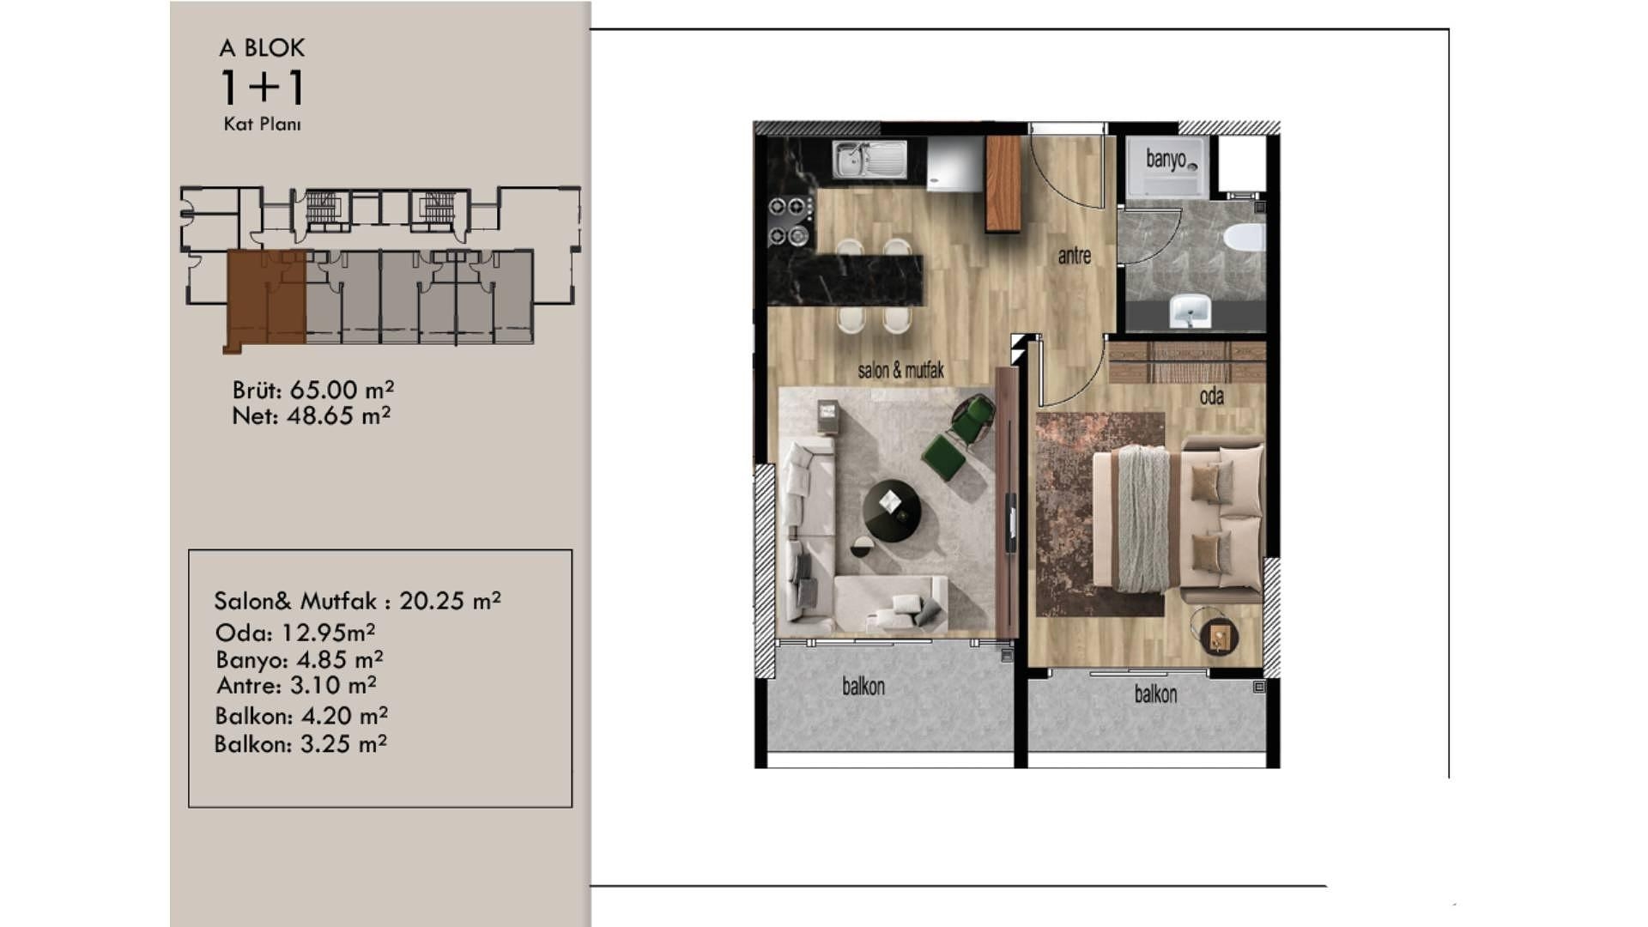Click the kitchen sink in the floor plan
[869, 160]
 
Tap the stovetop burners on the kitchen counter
[791, 220]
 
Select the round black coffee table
[892, 512]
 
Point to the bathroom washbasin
[1191, 311]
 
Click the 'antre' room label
[1074, 256]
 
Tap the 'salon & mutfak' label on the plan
[900, 370]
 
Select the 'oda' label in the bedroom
[1211, 396]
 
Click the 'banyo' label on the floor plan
[1166, 160]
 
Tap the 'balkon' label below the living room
[863, 687]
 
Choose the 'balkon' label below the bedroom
[1155, 694]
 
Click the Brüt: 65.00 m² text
[313, 391]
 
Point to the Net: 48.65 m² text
[312, 416]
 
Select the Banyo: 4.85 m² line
[300, 660]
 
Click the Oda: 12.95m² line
[295, 633]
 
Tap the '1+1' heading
[263, 87]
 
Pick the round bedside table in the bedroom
[1214, 633]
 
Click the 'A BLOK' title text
[262, 48]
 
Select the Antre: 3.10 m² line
[296, 686]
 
